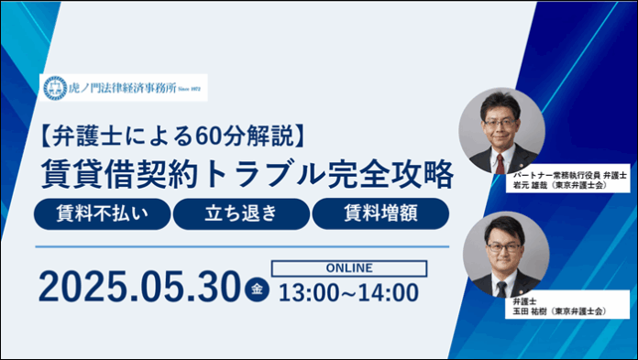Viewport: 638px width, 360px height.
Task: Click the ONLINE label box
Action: coord(348,268)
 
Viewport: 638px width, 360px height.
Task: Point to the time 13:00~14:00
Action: coord(348,292)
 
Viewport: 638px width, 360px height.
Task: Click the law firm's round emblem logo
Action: coord(55,89)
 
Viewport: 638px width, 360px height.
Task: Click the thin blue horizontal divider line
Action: coord(242,245)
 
